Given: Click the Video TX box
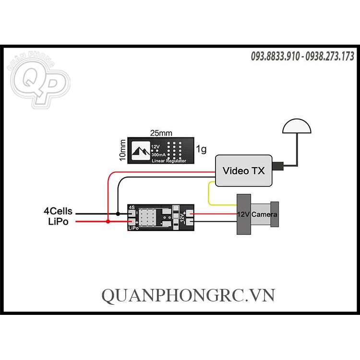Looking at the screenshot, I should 243,170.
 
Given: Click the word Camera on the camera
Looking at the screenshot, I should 264,214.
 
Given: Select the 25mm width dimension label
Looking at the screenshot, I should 161,132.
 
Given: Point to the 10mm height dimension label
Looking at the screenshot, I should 123,150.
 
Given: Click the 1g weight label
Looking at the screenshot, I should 202,150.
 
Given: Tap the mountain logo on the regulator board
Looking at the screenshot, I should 140,151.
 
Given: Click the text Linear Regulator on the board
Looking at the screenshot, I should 169,160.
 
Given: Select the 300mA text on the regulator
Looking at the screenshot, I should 159,155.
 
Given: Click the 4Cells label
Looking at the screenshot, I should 58,210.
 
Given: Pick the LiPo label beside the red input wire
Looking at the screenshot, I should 58,221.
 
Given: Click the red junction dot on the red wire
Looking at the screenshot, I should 108,221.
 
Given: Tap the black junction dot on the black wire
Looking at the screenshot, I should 118,213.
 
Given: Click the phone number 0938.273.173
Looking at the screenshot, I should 330,57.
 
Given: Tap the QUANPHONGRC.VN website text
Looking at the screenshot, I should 188,294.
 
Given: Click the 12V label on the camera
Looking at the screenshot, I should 243,214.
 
